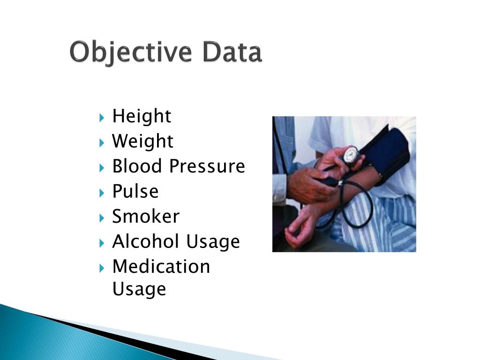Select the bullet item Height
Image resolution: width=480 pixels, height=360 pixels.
pos(142,116)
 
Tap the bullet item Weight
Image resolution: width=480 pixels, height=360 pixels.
pos(142,141)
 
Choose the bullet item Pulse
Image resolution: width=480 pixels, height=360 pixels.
pos(135,191)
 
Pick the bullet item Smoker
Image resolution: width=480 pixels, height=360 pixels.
pos(145,217)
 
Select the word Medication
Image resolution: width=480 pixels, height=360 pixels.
pos(161,266)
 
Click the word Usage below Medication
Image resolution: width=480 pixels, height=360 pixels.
pos(139,289)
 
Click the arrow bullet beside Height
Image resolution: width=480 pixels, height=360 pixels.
pos(102,117)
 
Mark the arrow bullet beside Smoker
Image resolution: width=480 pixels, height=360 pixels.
pos(102,217)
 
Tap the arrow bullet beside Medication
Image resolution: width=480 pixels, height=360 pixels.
pos(102,267)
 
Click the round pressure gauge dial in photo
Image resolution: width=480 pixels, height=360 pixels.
pos(351,155)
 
